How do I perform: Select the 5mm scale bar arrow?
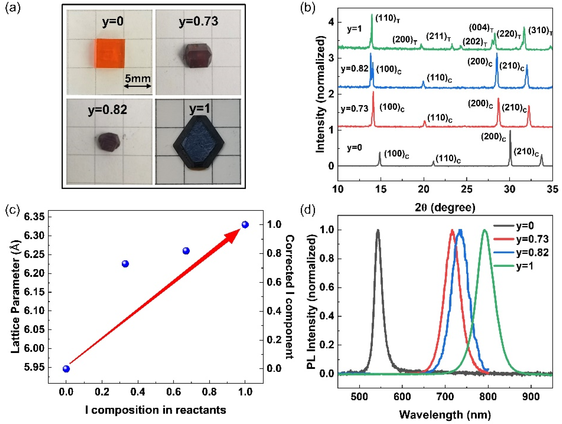tap(138, 86)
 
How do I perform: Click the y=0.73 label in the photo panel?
tap(198, 21)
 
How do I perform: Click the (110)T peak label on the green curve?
tap(387, 19)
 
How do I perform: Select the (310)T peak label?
tap(540, 31)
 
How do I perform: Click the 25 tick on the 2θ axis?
tap(467, 189)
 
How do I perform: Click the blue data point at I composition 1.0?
tap(245, 225)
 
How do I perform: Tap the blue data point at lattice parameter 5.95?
tap(66, 369)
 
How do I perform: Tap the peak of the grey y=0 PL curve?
tap(378, 230)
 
